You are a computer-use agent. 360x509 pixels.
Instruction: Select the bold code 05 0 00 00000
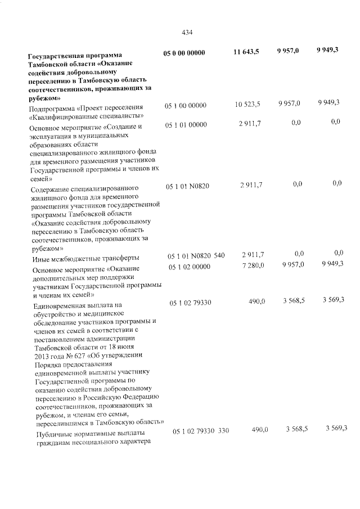pyautogui.click(x=184, y=53)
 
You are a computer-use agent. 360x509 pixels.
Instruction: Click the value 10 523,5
pyautogui.click(x=247, y=105)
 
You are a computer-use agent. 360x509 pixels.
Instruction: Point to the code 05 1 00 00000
pyautogui.click(x=186, y=106)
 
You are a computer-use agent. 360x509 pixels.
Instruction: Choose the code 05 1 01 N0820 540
pyautogui.click(x=195, y=256)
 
